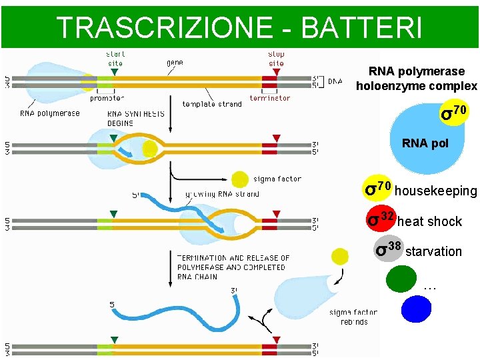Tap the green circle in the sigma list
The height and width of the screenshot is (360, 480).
401,279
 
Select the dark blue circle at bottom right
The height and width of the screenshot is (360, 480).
416,309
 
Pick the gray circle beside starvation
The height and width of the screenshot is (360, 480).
388,249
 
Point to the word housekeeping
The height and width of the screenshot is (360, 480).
436,191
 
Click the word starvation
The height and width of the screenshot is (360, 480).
433,251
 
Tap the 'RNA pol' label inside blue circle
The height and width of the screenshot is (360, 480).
425,143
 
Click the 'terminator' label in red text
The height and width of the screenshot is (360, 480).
269,98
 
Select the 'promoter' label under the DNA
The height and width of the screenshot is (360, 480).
107,98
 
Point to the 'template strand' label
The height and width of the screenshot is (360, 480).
212,104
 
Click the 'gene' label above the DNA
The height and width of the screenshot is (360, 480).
175,62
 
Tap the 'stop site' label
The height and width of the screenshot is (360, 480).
276,59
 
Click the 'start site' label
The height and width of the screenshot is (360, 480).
115,59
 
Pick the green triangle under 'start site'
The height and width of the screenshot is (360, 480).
115,71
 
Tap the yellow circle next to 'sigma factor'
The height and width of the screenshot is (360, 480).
240,179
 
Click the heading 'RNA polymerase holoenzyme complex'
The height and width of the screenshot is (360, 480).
417,79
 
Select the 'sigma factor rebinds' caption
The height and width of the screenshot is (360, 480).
353,317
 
